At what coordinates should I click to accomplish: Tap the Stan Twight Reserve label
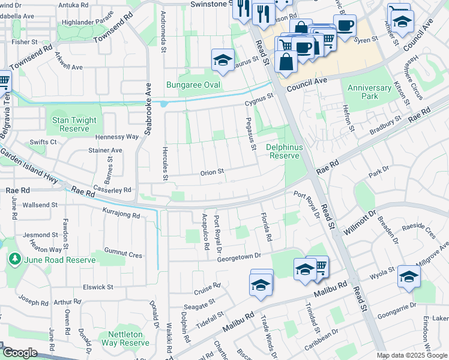pos(74,124)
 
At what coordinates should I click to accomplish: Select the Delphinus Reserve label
pos(283,151)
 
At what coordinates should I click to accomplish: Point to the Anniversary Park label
pos(370,92)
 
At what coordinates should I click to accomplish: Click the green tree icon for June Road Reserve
pos(13,259)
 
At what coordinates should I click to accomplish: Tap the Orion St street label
pos(212,172)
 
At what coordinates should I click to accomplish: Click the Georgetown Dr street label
pos(240,256)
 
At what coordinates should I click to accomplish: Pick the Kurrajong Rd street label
pos(121,215)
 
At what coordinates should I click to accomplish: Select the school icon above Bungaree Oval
pos(222,61)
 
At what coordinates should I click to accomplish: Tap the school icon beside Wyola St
pos(409,277)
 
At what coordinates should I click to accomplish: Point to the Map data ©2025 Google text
pos(412,355)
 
